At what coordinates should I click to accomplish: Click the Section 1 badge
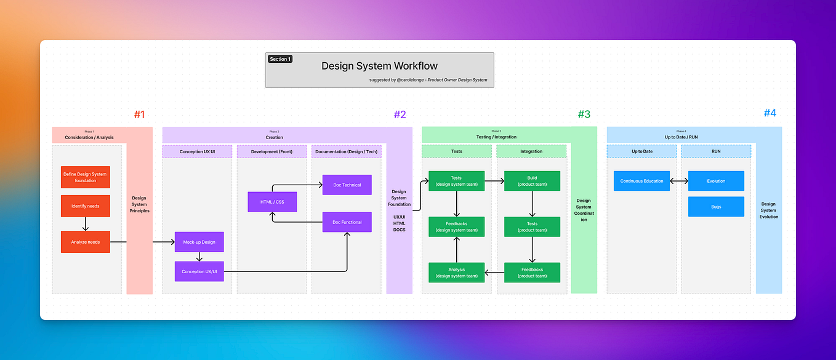click(280, 59)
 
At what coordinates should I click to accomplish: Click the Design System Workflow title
click(379, 66)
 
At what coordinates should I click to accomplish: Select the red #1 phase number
click(139, 114)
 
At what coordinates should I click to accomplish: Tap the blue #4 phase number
click(770, 113)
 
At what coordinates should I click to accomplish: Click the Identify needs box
click(86, 206)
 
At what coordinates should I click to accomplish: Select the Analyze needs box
click(86, 242)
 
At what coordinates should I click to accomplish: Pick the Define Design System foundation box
click(86, 177)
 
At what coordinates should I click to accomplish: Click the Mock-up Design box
click(199, 242)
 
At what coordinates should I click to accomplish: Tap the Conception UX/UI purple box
click(199, 271)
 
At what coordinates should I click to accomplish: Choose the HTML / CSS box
click(272, 202)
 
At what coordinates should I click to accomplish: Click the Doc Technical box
click(347, 185)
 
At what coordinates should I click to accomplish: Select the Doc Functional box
click(347, 222)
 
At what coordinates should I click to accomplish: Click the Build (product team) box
click(532, 181)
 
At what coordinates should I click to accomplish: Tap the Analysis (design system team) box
click(456, 273)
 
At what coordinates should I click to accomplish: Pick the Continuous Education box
click(641, 181)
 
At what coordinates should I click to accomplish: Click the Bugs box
click(716, 207)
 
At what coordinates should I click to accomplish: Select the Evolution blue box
click(716, 181)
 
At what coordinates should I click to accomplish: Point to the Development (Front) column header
click(272, 151)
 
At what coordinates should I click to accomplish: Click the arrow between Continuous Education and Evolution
click(679, 181)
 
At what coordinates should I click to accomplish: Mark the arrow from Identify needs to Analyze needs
click(86, 224)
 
